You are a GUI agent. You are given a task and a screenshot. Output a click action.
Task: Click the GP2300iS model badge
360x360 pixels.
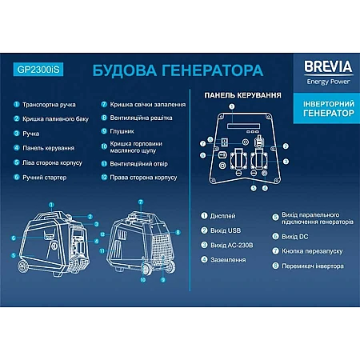click(x=38, y=70)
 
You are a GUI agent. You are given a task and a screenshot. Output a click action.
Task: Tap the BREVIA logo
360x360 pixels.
click(x=328, y=66)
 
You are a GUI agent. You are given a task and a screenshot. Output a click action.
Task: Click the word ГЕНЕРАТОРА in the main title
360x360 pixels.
click(x=213, y=70)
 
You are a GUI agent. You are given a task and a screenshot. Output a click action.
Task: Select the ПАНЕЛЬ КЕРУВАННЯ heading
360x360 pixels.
click(x=242, y=95)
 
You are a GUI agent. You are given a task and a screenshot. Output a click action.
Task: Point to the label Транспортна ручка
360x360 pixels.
click(x=49, y=105)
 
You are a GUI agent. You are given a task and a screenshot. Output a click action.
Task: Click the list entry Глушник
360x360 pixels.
click(x=122, y=131)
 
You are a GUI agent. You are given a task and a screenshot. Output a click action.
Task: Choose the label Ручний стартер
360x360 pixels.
click(x=45, y=178)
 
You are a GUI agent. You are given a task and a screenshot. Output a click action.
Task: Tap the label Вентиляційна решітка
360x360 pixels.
click(x=141, y=118)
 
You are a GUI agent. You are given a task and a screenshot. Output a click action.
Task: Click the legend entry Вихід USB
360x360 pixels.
click(x=226, y=230)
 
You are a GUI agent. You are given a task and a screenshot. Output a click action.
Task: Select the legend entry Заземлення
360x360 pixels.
click(x=228, y=260)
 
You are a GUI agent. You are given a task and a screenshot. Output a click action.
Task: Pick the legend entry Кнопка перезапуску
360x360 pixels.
click(x=312, y=251)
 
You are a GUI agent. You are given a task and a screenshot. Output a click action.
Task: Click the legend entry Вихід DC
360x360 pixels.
click(x=295, y=237)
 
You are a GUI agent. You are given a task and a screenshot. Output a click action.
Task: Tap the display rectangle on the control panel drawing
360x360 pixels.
click(x=243, y=126)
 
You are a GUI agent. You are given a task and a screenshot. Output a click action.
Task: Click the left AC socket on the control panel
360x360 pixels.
click(x=238, y=158)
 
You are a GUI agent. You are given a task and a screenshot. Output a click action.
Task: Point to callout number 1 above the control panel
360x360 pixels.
click(x=232, y=106)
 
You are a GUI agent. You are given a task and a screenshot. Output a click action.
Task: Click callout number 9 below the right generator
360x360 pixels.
click(x=163, y=280)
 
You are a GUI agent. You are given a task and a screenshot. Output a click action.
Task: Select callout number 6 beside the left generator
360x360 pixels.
click(x=14, y=238)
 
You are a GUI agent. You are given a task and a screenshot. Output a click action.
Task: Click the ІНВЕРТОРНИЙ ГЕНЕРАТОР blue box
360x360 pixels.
click(x=326, y=108)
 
